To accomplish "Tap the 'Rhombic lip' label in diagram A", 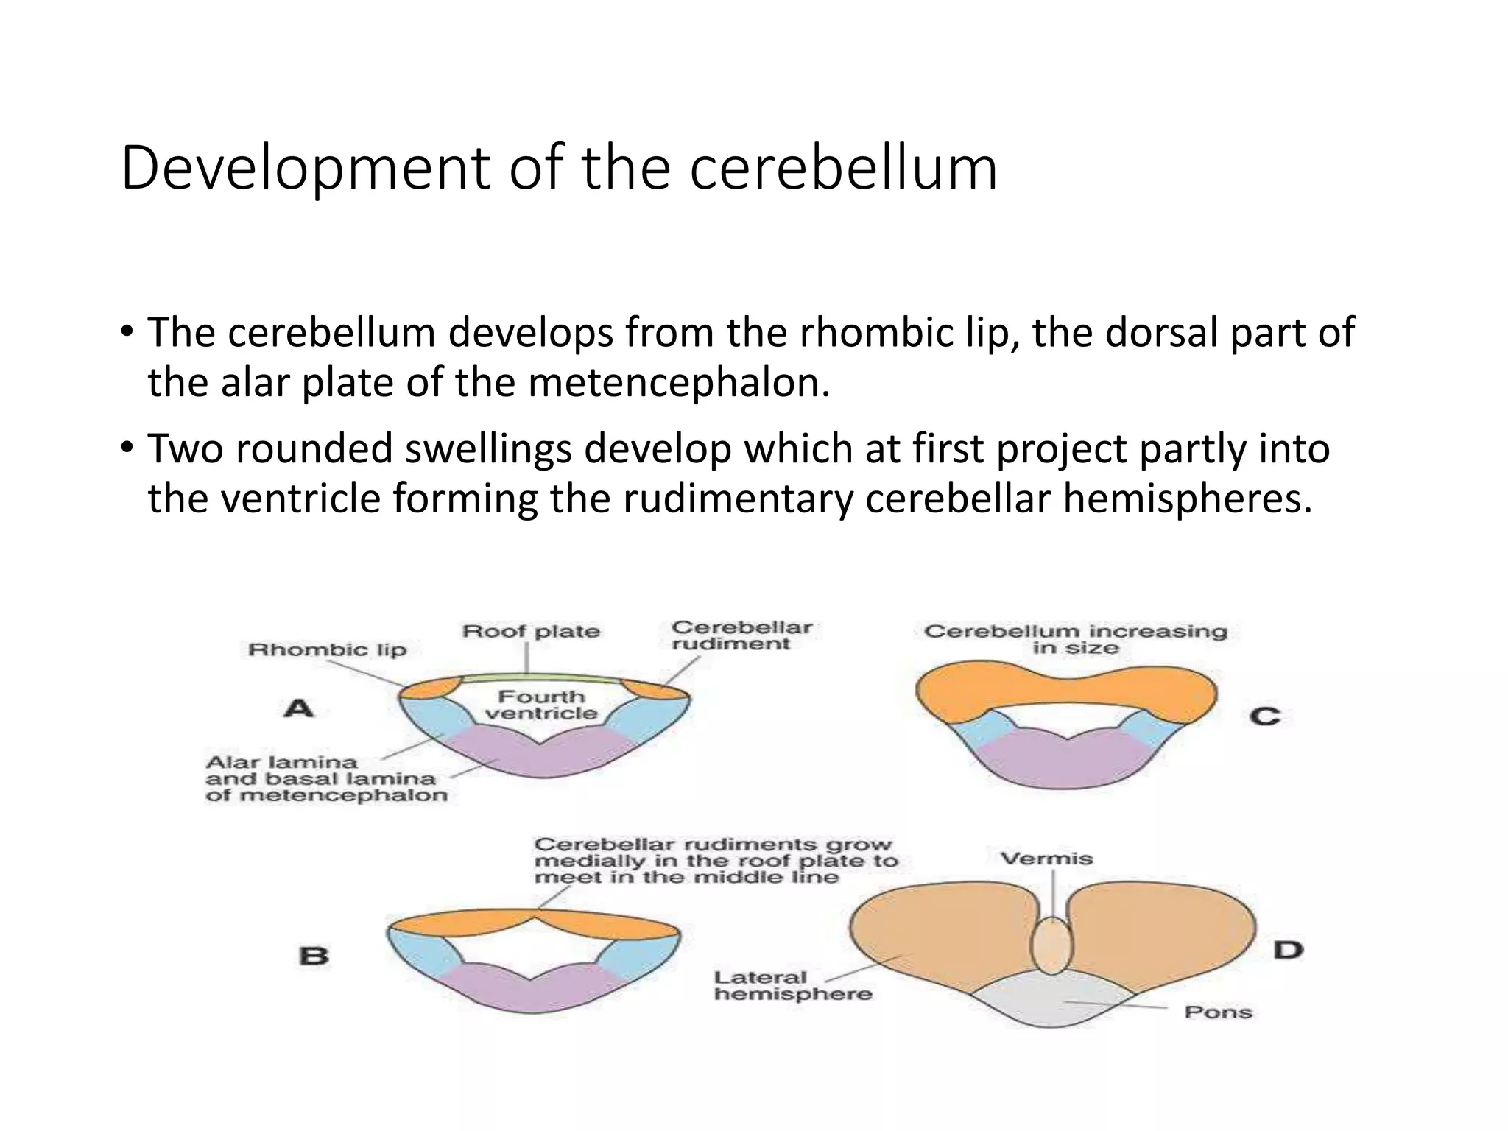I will [x=327, y=649].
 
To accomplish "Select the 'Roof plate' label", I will [x=530, y=631].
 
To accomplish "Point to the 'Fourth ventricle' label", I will [x=541, y=705].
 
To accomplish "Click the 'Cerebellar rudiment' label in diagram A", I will [x=741, y=635].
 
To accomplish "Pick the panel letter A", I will [x=299, y=708].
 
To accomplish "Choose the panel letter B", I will [x=314, y=956].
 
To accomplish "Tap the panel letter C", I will [x=1264, y=716].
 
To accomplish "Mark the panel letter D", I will [x=1288, y=950].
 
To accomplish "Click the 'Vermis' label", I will [x=1046, y=859].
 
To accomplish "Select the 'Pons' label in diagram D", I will [x=1218, y=1012].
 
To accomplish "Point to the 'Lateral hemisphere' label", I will [x=792, y=986].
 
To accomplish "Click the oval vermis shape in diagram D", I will [x=1051, y=945].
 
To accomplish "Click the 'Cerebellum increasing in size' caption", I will [x=1075, y=639].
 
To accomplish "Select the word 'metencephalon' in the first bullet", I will [x=679, y=383].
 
